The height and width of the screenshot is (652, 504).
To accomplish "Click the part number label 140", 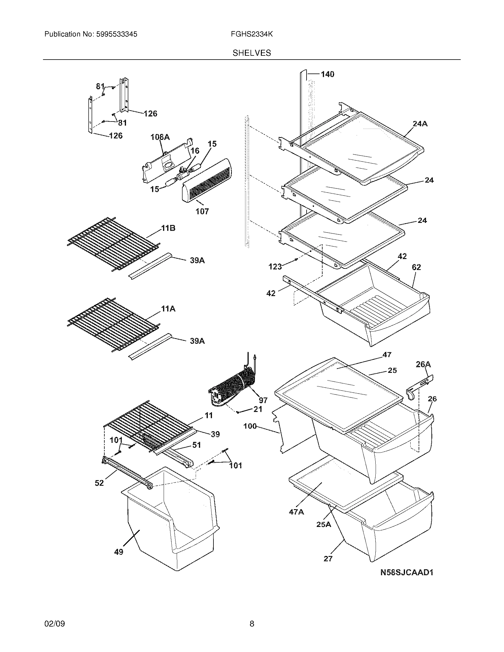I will click(x=328, y=74).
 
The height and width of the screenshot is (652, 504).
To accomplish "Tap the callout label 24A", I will click(x=420, y=124).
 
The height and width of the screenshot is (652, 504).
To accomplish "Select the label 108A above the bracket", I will click(x=160, y=137).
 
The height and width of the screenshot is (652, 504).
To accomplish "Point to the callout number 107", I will click(x=202, y=211).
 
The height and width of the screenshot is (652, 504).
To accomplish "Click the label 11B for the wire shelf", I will click(x=168, y=228).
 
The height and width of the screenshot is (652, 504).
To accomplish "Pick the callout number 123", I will click(x=275, y=267).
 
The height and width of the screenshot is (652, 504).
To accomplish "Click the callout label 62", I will click(x=416, y=267).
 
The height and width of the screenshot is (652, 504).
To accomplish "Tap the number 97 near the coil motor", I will click(x=263, y=400).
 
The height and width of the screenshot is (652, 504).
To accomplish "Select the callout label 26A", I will click(x=423, y=364).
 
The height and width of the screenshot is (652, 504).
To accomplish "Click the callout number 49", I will click(x=119, y=552).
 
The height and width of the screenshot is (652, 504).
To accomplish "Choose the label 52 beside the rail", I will click(x=99, y=483).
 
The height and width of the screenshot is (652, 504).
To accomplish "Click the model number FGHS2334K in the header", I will click(x=251, y=34).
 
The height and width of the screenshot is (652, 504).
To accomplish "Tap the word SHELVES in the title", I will click(x=252, y=53).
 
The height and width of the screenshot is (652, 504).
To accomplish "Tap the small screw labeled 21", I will click(x=238, y=413).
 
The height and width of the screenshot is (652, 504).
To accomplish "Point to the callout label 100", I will click(x=250, y=426).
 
